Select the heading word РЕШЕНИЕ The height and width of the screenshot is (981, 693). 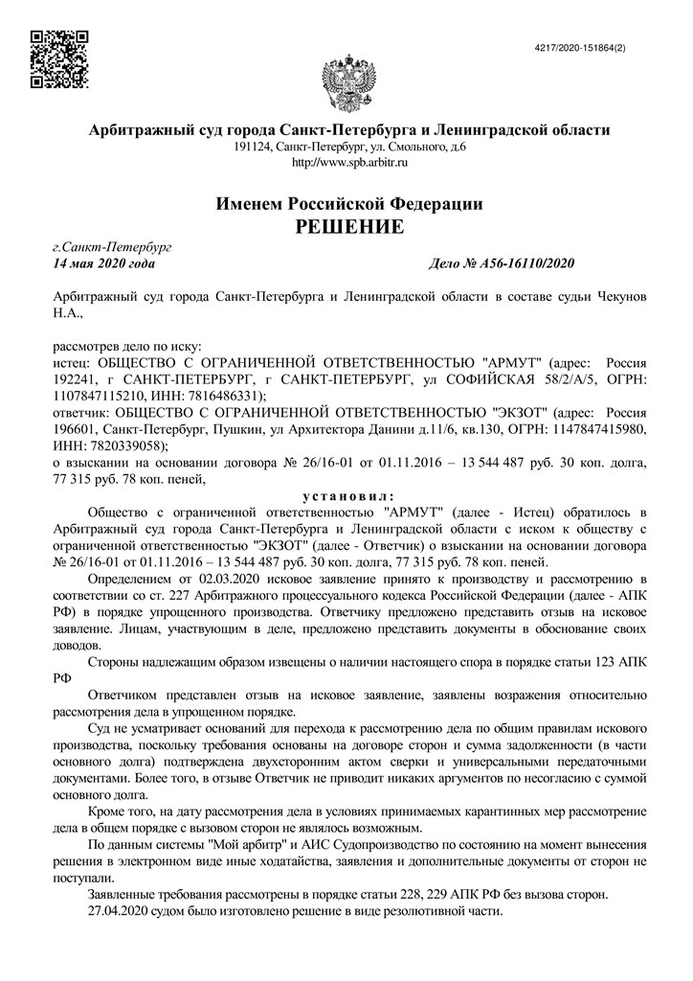[x=348, y=227]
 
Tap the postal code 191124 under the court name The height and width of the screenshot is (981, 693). [x=252, y=148]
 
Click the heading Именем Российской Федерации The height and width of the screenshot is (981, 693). [x=348, y=203]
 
